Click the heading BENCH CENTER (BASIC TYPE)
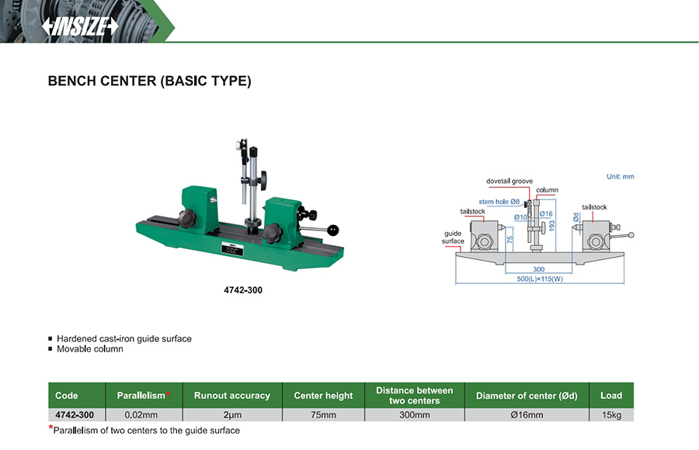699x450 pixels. [149, 81]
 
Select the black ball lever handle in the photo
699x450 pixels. [334, 230]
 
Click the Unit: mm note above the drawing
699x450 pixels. [620, 177]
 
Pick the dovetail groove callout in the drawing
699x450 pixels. [509, 181]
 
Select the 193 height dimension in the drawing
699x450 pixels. [552, 223]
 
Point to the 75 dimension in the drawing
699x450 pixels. [509, 241]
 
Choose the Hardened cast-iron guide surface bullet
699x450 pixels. [123, 339]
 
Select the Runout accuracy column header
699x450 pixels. [231, 396]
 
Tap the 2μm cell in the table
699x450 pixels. [231, 415]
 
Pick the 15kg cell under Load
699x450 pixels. [611, 415]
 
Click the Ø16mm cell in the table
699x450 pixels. [527, 415]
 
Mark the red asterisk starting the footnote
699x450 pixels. [50, 428]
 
